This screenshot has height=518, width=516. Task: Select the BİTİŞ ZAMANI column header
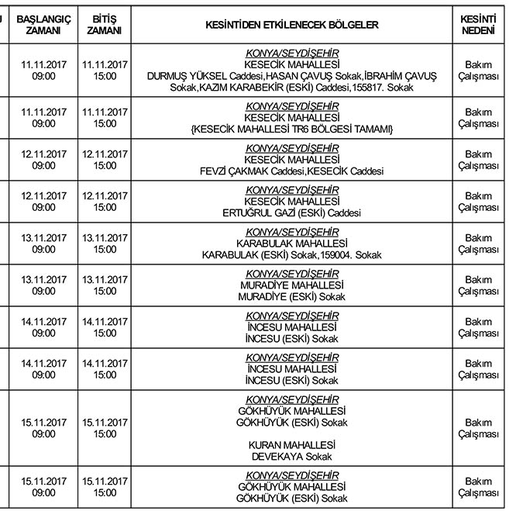pyautogui.click(x=105, y=24)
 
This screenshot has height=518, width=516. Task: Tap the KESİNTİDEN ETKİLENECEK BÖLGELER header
pyautogui.click(x=292, y=24)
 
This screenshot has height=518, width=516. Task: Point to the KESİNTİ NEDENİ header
pyautogui.click(x=478, y=24)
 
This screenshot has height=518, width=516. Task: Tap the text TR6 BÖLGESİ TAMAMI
pyautogui.click(x=333, y=129)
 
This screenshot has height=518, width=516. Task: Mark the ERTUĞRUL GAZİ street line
pyautogui.click(x=292, y=212)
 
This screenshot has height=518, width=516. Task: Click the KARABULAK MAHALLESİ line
pyautogui.click(x=292, y=243)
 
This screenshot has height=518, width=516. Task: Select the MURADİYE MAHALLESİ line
pyautogui.click(x=292, y=285)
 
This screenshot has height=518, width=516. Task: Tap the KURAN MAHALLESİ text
pyautogui.click(x=292, y=445)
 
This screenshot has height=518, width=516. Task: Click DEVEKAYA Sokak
pyautogui.click(x=292, y=457)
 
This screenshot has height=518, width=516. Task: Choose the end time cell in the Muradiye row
pyautogui.click(x=105, y=285)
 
